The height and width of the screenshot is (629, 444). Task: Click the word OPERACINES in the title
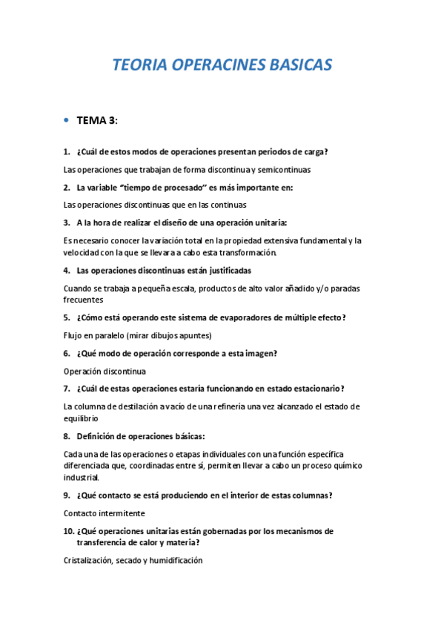click(214, 65)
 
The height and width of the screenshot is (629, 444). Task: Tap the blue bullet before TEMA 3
click(67, 119)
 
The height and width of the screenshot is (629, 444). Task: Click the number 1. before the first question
click(67, 151)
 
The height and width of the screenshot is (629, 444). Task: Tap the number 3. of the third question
click(67, 223)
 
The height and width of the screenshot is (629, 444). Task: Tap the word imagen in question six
click(260, 353)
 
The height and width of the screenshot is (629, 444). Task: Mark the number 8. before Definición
click(67, 436)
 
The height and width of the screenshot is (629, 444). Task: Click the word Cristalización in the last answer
click(88, 561)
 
